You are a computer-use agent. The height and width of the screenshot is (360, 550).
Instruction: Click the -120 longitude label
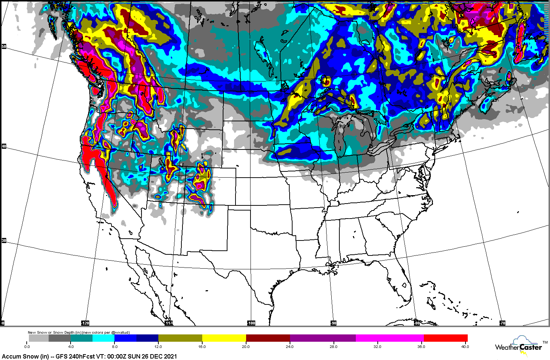85,323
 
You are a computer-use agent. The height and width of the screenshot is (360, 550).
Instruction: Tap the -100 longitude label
251,323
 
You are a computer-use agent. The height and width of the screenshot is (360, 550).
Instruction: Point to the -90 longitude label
333,323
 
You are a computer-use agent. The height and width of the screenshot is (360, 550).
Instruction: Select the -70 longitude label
502,323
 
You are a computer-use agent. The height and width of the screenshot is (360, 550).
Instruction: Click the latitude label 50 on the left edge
4,46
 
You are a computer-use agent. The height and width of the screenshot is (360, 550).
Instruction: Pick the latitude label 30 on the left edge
4,240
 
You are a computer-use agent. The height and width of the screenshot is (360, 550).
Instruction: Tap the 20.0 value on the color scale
246,346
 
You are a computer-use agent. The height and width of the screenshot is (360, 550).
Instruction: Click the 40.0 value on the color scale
464,346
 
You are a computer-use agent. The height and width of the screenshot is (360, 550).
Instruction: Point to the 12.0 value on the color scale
158,346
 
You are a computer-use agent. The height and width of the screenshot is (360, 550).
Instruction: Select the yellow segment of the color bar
224,338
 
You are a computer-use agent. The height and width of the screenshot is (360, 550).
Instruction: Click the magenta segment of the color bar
390,338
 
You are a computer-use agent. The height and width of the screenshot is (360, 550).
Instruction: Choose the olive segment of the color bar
180,338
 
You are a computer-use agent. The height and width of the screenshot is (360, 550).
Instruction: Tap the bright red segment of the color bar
446,338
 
